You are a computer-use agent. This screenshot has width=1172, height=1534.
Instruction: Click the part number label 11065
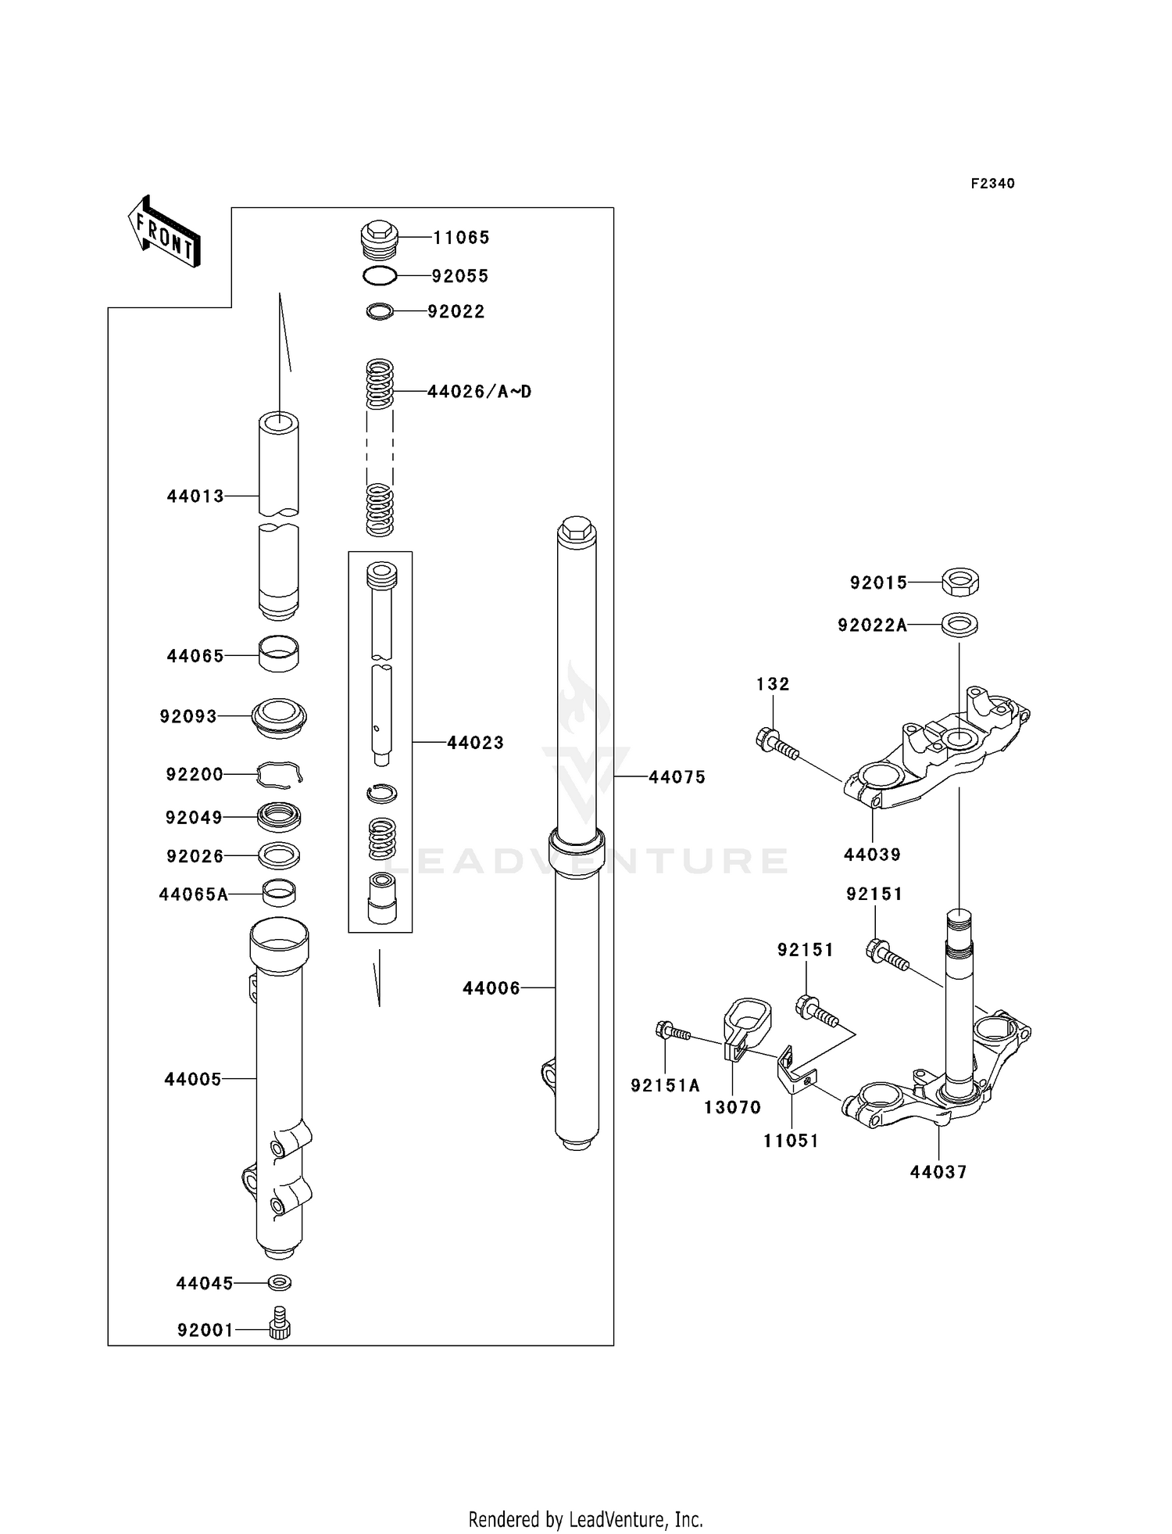tap(461, 237)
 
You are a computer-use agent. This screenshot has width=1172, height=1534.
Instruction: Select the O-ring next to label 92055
tap(380, 275)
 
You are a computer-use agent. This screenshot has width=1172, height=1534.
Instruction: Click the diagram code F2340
tap(992, 183)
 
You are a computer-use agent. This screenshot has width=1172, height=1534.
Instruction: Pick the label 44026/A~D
tap(479, 391)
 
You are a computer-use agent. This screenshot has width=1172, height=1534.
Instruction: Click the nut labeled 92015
tap(960, 582)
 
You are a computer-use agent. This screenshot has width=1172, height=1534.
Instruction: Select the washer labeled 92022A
tap(959, 625)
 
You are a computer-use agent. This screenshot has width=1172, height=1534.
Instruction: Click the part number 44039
tap(872, 855)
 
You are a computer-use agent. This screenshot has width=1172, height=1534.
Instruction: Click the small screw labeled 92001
tap(280, 1329)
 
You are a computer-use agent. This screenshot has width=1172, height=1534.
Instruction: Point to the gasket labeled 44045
tap(280, 1282)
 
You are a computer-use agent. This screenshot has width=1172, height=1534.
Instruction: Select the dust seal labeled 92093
tap(279, 716)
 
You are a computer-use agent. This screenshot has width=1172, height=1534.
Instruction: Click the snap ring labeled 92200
tap(279, 774)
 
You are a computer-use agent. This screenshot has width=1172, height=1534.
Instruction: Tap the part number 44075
tap(677, 776)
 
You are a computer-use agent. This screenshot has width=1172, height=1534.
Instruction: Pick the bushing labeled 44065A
tap(279, 892)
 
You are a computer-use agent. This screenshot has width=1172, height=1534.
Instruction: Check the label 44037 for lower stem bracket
tap(938, 1172)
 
